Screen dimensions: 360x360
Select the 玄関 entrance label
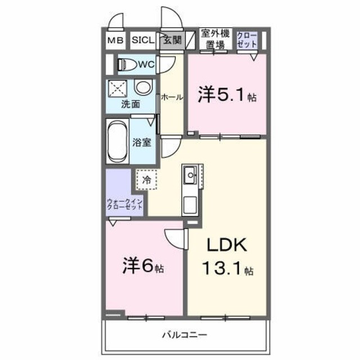(x=172, y=40)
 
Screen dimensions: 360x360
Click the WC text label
(x=146, y=65)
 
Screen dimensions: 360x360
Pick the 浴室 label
(x=142, y=142)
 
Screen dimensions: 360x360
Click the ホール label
(x=172, y=97)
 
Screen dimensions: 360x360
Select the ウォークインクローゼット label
(x=125, y=204)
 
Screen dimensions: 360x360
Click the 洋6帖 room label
(x=143, y=266)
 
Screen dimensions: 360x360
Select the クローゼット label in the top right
(x=247, y=40)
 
